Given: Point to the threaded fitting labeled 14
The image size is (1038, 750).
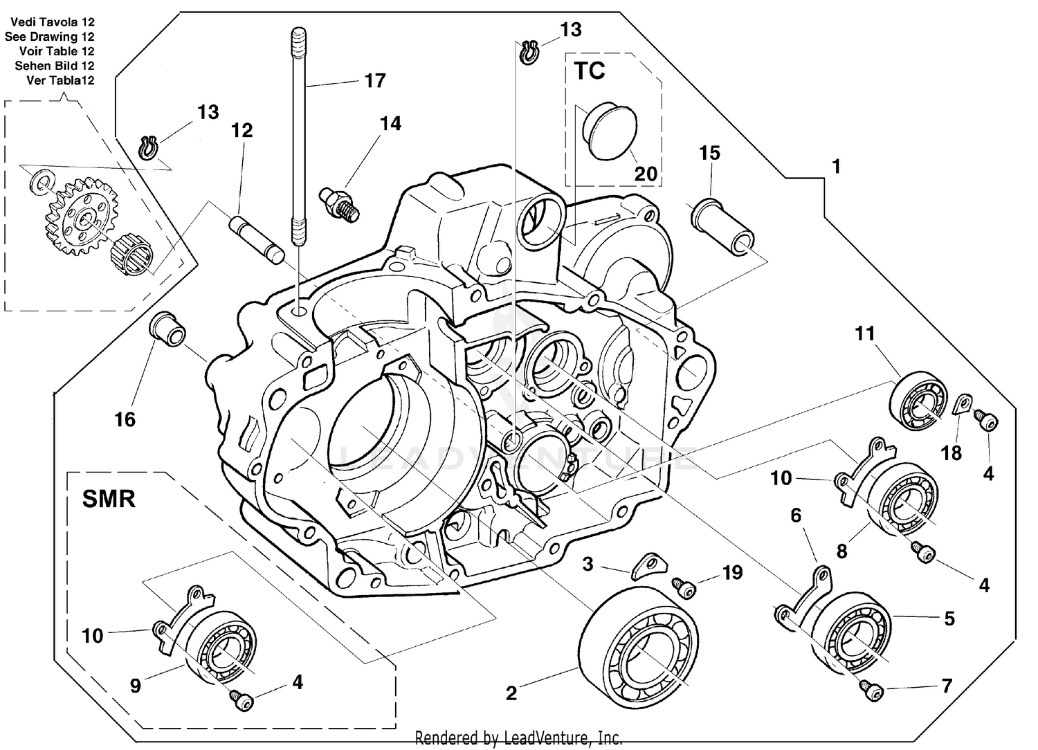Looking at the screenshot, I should coord(339,201).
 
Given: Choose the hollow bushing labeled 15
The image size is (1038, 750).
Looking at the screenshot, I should coord(722,224).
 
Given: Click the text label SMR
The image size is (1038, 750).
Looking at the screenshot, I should coord(109,498).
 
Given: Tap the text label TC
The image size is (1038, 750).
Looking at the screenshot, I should coord(589,71).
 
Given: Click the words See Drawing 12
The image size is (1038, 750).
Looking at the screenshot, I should coord(49,37).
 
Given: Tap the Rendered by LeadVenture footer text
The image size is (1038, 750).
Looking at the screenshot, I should coord(518,738).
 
